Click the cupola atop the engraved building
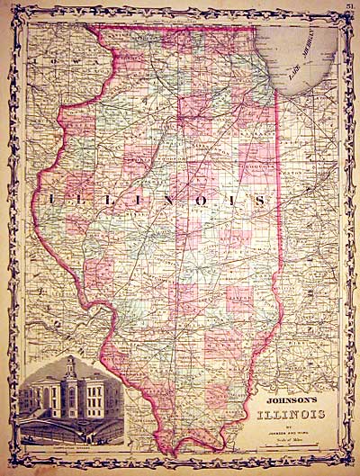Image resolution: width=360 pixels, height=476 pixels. coord(71,364)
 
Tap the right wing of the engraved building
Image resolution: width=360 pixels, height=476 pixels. coord(99,400)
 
